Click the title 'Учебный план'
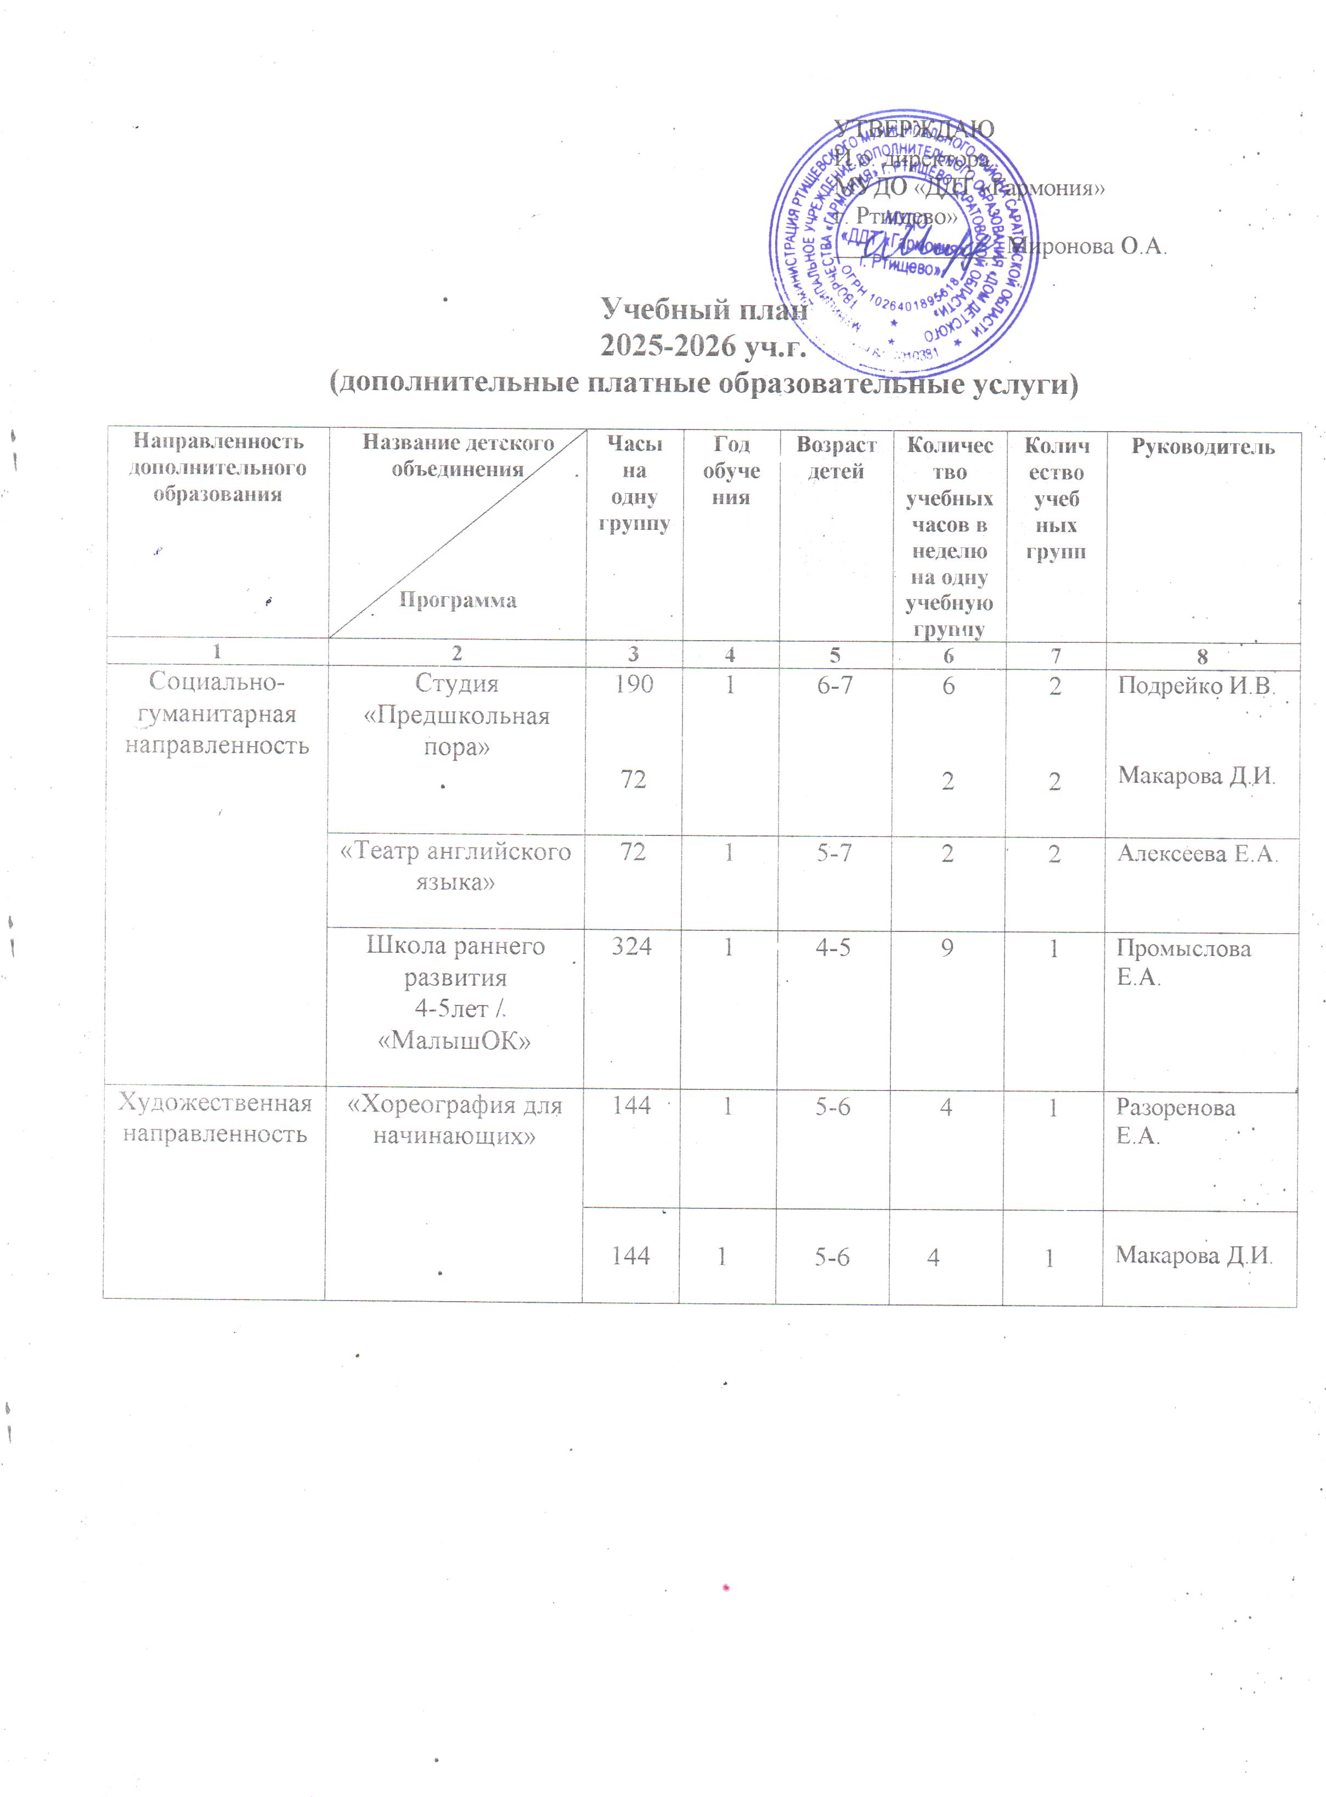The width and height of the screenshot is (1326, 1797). [703, 309]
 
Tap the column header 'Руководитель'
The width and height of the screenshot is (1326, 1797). [1203, 447]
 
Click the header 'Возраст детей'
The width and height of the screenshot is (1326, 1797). [836, 457]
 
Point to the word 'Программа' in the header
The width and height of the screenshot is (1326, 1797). [458, 600]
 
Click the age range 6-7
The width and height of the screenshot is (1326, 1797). [835, 686]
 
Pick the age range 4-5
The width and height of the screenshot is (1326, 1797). [833, 948]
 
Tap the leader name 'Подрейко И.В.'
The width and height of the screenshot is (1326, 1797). [1196, 686]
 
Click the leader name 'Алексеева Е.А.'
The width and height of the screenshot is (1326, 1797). [1196, 853]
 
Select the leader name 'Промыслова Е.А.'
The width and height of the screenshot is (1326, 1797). [1183, 962]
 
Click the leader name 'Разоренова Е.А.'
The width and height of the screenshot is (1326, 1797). [1175, 1121]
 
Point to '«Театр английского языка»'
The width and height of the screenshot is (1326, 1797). [456, 866]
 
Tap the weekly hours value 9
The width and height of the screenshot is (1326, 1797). [947, 948]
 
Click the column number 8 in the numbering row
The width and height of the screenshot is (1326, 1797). [1201, 657]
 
